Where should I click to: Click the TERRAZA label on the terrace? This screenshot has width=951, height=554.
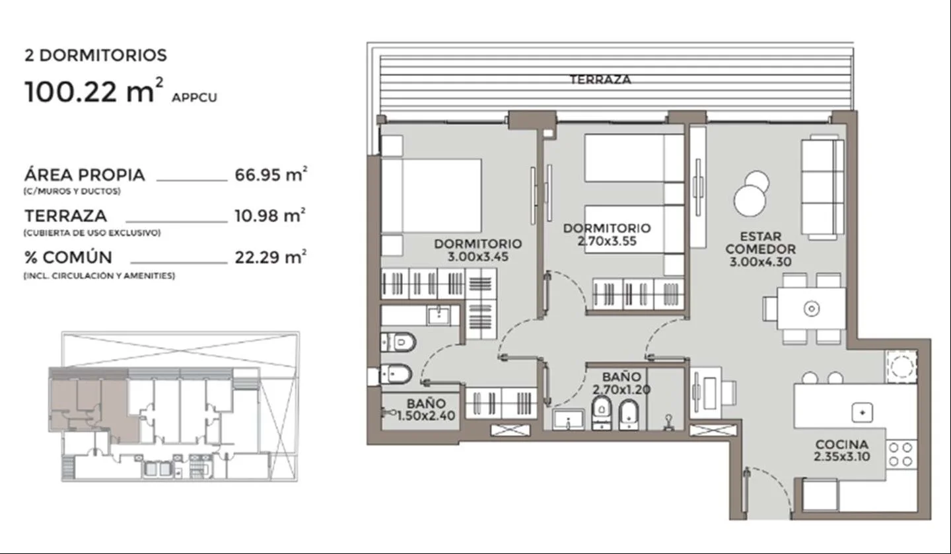(x=600, y=79)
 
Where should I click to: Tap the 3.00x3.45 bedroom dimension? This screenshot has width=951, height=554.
(x=477, y=257)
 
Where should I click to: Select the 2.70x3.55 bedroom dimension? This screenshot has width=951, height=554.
(x=607, y=241)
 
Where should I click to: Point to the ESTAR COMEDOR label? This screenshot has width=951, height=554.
(x=760, y=242)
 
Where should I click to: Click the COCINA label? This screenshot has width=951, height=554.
(x=841, y=444)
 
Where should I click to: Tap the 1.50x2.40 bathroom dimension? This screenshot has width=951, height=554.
(x=426, y=415)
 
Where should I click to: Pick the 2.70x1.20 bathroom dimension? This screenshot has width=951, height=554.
(x=621, y=389)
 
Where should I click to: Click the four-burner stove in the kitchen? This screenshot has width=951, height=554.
(x=901, y=454)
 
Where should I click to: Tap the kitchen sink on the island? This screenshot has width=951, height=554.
(x=863, y=413)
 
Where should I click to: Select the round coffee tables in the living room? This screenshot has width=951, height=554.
(x=751, y=194)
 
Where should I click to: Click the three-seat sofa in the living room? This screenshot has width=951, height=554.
(x=822, y=187)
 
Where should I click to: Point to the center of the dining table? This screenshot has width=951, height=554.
(x=811, y=309)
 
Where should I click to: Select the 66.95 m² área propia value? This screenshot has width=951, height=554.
(x=271, y=174)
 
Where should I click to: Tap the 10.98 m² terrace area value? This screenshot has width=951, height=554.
(x=270, y=216)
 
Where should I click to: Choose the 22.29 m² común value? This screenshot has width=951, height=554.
(x=271, y=257)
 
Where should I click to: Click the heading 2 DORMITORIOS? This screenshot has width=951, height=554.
(x=96, y=56)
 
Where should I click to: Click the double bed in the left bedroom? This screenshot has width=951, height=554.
(x=431, y=196)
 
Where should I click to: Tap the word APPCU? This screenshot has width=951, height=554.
(x=194, y=98)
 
